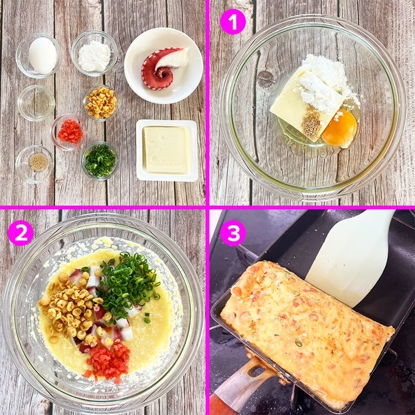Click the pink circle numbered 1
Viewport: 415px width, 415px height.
[233, 22]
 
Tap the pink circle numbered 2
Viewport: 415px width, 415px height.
[21, 233]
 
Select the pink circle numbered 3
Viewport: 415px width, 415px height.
[233, 233]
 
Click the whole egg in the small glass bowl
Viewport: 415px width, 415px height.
[42, 56]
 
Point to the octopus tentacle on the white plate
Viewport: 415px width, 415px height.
[163, 68]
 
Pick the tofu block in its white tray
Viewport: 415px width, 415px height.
[167, 150]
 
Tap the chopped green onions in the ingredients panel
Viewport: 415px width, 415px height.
[100, 161]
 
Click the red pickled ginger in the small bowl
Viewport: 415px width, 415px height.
[70, 131]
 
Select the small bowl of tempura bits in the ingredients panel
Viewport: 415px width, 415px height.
[100, 103]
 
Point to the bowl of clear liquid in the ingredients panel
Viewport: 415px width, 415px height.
[36, 103]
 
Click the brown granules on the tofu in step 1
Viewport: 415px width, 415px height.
[312, 124]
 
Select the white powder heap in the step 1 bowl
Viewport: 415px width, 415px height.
[325, 82]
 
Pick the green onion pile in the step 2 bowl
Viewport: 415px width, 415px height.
[127, 284]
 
